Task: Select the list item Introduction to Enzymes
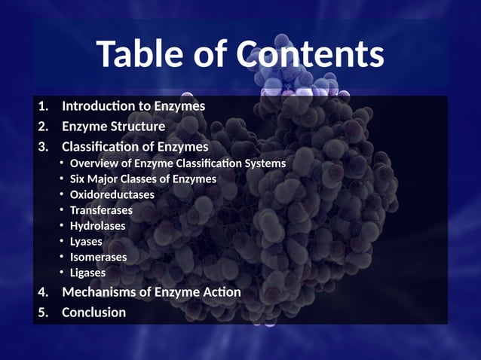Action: [x=133, y=106]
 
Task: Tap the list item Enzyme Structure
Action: [x=113, y=127]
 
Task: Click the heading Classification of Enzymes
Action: [x=135, y=146]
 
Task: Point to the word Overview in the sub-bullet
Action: [x=93, y=163]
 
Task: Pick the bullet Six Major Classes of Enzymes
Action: [x=143, y=178]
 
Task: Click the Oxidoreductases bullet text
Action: [x=112, y=194]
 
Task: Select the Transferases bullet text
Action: [x=101, y=210]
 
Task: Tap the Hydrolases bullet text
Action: [x=98, y=225]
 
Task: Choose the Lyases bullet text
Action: [x=86, y=241]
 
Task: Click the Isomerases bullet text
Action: [x=98, y=257]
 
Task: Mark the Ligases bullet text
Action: [x=87, y=273]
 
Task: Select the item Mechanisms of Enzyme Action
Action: [x=152, y=291]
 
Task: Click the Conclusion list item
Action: [x=93, y=312]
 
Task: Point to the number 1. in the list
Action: [x=43, y=106]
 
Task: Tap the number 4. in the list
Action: [x=43, y=291]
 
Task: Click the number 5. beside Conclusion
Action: [x=43, y=312]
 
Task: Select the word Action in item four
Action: [x=222, y=291]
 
